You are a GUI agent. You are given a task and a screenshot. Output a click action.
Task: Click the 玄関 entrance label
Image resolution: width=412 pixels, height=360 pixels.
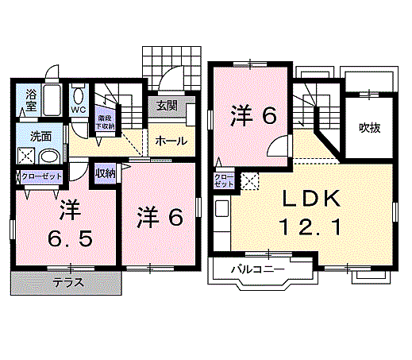[x=167, y=106]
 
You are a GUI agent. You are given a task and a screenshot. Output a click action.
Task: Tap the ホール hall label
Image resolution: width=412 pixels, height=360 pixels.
[x=171, y=141]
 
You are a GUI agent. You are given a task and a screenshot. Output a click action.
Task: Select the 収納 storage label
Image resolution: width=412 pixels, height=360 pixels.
[x=106, y=172]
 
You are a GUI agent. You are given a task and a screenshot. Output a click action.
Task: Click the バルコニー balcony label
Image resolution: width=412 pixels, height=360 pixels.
[x=256, y=270]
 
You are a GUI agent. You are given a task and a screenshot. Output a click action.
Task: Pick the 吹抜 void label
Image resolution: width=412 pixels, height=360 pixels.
[x=369, y=127]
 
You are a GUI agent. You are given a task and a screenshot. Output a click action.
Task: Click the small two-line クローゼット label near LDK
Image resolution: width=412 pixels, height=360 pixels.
[x=224, y=179]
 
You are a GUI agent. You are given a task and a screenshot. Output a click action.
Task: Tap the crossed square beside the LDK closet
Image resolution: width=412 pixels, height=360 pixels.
[x=249, y=181]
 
